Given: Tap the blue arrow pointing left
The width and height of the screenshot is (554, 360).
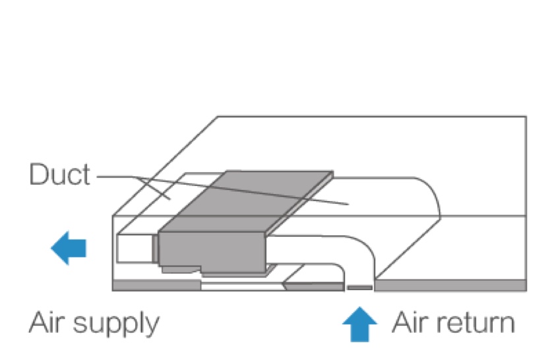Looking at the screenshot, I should (69, 248).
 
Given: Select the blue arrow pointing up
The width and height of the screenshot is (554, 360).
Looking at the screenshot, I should (359, 324).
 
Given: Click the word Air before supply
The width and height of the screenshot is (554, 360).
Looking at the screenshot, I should (48, 323).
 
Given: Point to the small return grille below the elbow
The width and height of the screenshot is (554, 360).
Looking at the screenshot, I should (359, 287).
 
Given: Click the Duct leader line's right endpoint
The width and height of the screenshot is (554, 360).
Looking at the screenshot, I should (347, 204).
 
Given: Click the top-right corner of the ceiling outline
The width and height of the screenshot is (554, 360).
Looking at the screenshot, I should (526, 117).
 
